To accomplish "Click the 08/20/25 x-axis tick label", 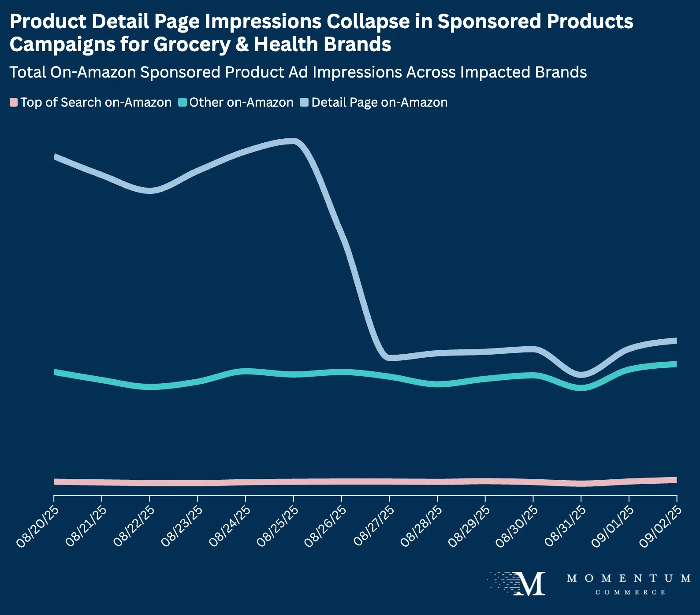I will point(38,526).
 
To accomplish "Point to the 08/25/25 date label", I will point(278,526).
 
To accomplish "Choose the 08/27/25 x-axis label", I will point(374,526).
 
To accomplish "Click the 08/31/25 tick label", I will point(566,526).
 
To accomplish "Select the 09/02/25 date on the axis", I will point(661,526).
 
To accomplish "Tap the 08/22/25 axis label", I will point(134,526).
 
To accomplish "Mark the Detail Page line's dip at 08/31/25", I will point(581,374).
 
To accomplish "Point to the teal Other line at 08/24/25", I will point(246,371).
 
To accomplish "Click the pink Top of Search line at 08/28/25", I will point(437,482).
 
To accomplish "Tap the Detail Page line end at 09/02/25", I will point(676,341).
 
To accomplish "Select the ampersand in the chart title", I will point(242,44).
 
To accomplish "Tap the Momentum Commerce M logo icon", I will point(529,584).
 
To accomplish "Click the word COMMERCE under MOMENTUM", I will point(630,593).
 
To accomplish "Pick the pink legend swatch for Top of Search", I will point(14,103).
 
